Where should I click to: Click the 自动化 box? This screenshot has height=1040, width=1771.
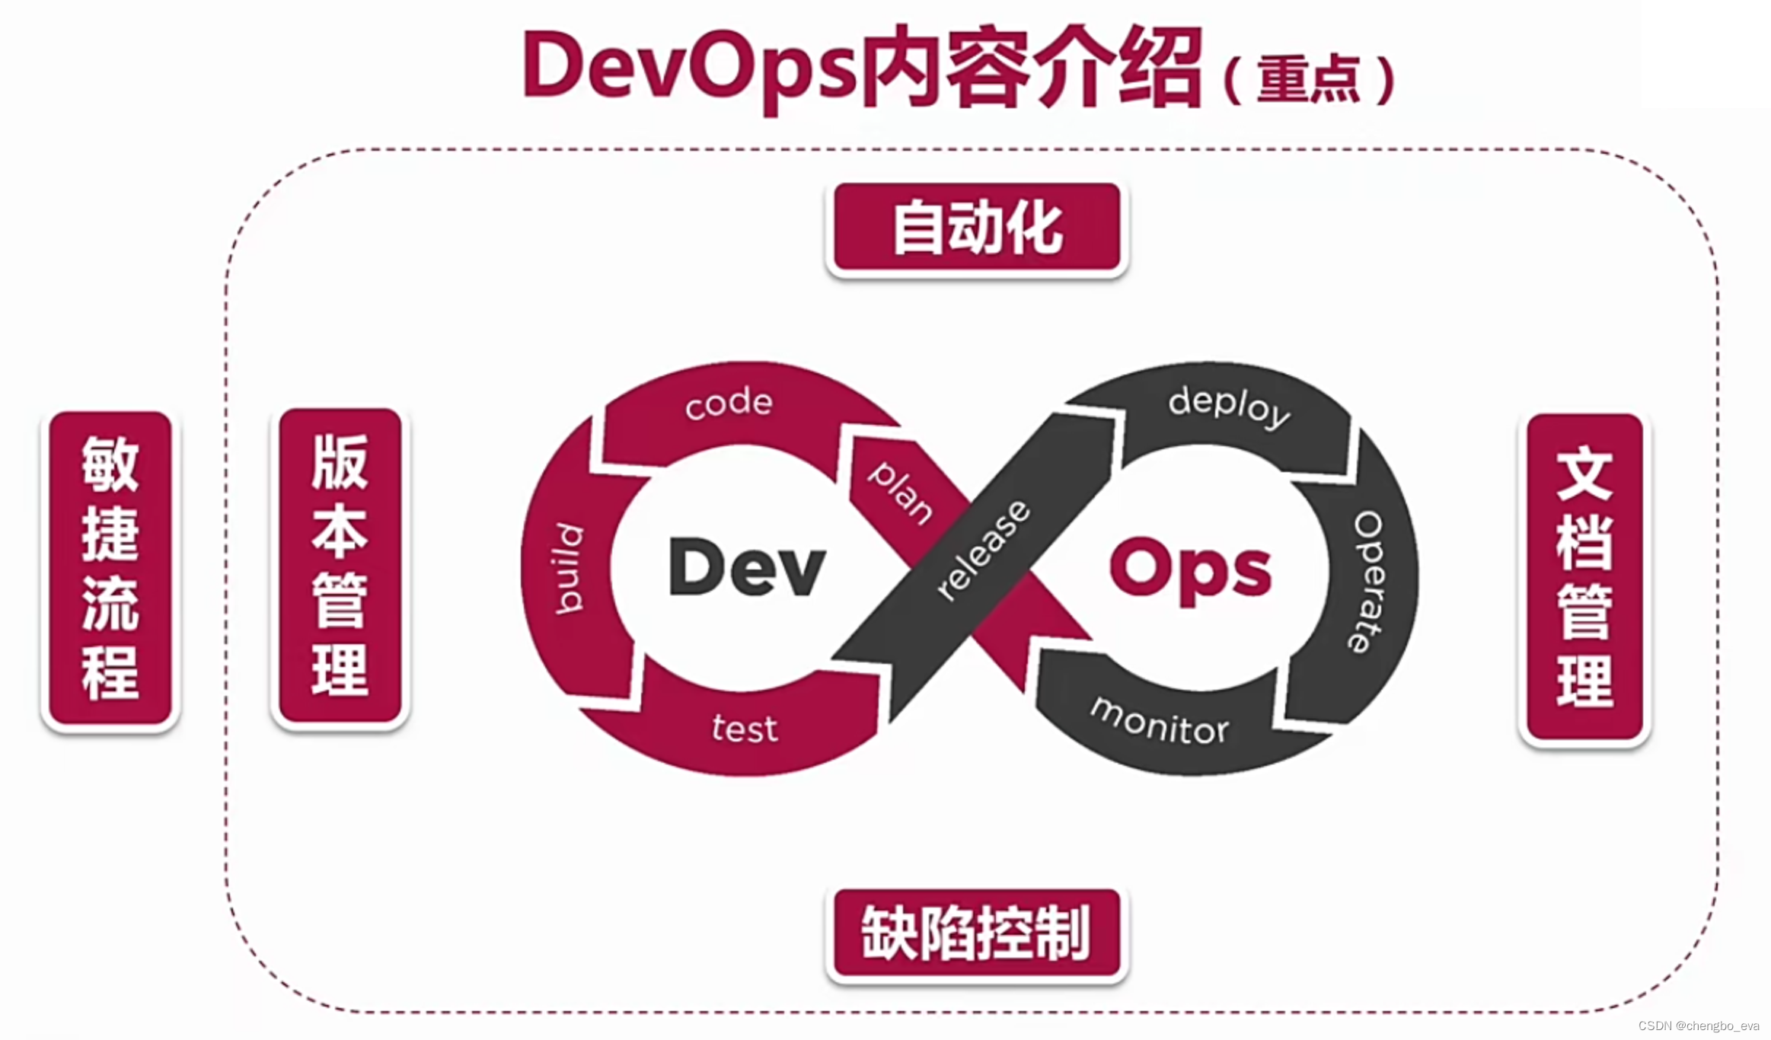pos(977,227)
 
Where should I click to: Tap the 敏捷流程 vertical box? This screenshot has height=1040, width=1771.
pos(110,568)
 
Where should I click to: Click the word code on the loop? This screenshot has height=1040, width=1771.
pos(729,403)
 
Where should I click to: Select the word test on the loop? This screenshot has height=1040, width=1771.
pos(745,729)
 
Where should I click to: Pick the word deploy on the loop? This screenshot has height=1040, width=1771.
pos(1229,406)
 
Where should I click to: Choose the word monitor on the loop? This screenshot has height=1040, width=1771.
pos(1160,722)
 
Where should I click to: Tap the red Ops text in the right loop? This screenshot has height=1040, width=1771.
pos(1190,569)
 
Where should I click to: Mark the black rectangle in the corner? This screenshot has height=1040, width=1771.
pos(1706,53)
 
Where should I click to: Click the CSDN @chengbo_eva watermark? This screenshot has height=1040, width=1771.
pos(1699,1026)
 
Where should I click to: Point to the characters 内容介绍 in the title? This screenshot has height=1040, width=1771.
pos(1032,67)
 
